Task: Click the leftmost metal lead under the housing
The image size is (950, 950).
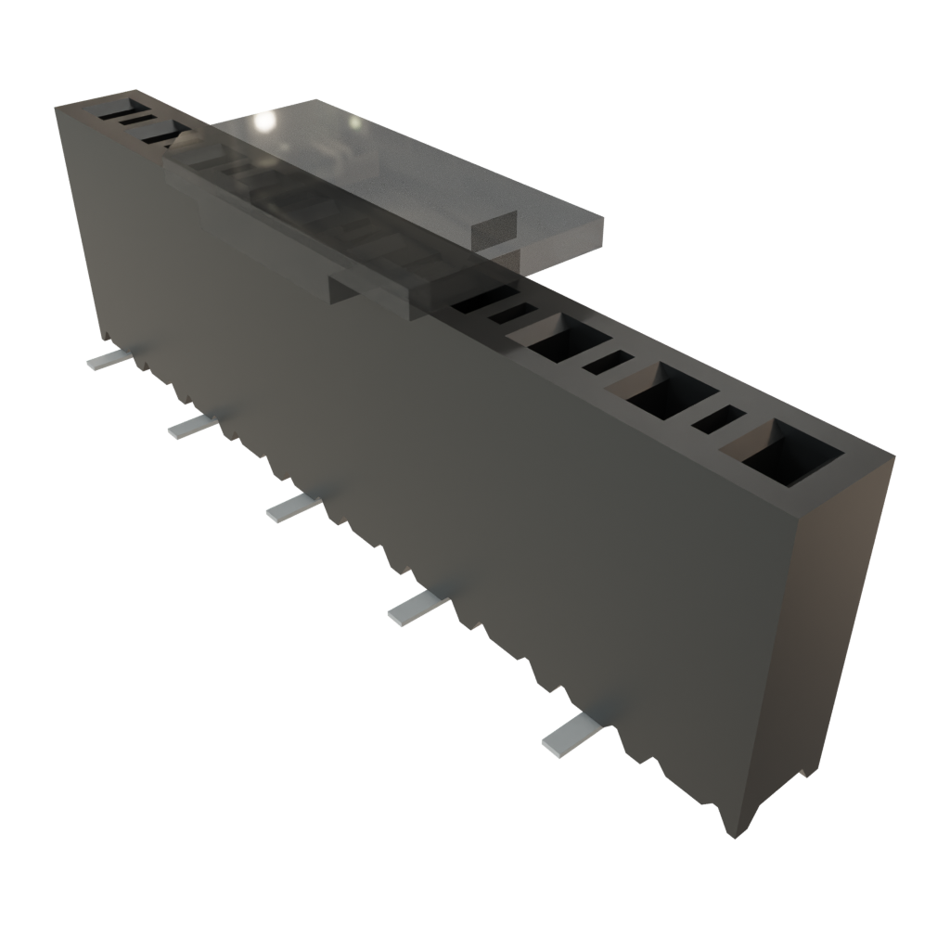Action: coord(102,360)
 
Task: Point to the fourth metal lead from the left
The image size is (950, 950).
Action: coord(411,608)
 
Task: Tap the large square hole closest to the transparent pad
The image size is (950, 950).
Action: coord(564,338)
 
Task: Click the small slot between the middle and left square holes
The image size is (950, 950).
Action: coord(608,362)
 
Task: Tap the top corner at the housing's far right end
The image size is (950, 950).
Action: coord(894,455)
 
